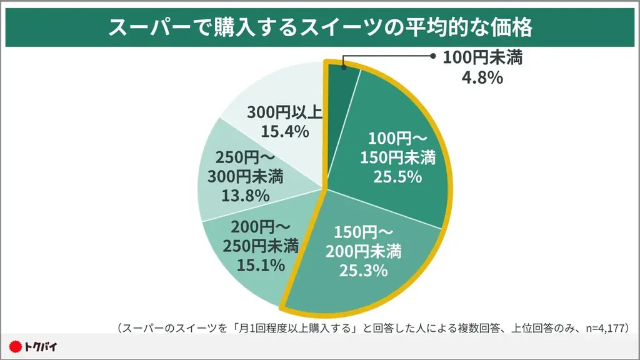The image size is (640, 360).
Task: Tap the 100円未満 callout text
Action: (482, 58)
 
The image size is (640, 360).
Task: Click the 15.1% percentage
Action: (261, 264)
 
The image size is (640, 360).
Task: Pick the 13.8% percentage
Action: (245, 195)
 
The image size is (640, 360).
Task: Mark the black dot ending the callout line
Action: (432, 54)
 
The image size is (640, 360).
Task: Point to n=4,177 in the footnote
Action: (599, 327)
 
